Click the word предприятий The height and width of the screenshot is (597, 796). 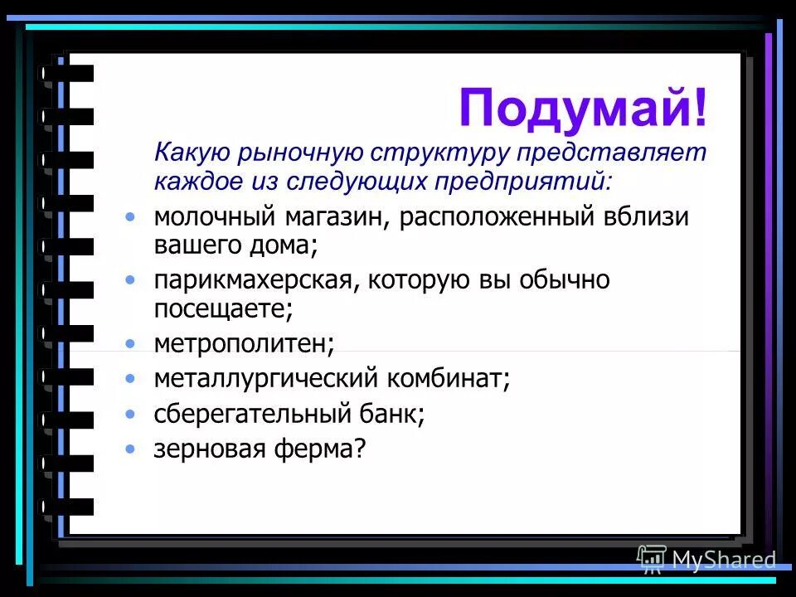pyautogui.click(x=530, y=180)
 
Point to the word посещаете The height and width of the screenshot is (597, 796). pyautogui.click(x=223, y=308)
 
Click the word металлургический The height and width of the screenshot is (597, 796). pyautogui.click(x=265, y=379)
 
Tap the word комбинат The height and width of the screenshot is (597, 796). pyautogui.click(x=449, y=379)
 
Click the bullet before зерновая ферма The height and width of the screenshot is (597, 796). pyautogui.click(x=129, y=449)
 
